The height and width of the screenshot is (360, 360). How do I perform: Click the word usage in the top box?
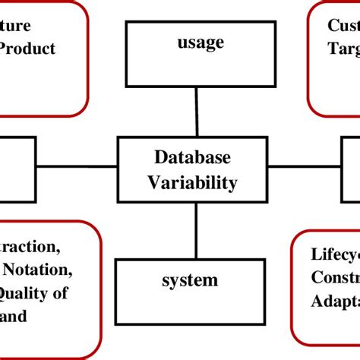click(x=201, y=42)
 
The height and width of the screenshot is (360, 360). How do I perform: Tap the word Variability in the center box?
click(x=192, y=182)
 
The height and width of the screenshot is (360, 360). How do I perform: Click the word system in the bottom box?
click(x=189, y=280)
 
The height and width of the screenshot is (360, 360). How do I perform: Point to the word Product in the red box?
click(x=28, y=49)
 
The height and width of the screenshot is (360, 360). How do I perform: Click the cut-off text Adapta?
click(x=335, y=301)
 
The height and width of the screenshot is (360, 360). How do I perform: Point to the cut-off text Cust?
click(x=343, y=25)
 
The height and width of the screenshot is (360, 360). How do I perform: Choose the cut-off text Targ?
click(x=343, y=50)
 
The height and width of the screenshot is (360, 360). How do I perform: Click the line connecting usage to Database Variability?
click(x=196, y=112)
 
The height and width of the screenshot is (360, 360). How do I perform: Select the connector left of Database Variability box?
click(x=76, y=166)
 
